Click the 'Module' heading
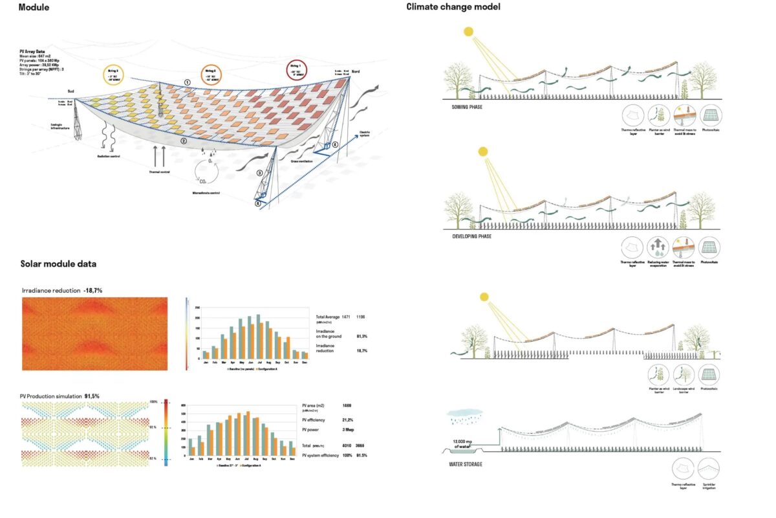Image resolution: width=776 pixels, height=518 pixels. click(34, 8)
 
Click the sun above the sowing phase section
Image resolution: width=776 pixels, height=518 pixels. click(468, 32)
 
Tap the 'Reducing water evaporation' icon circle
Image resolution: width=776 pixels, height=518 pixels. click(658, 248)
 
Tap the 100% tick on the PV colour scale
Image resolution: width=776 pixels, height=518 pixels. click(155, 401)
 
